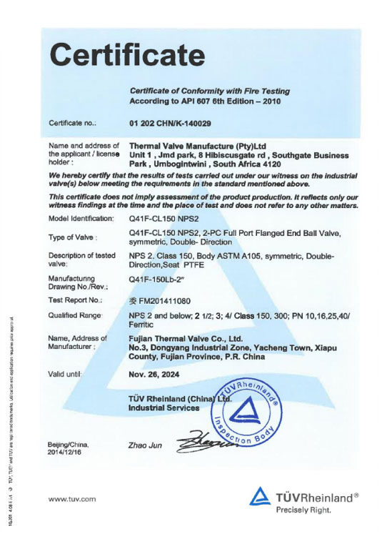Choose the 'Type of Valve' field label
[x=72, y=237]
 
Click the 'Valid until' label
[x=66, y=373]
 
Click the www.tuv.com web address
[x=71, y=499]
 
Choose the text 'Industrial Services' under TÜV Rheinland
[x=164, y=407]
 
